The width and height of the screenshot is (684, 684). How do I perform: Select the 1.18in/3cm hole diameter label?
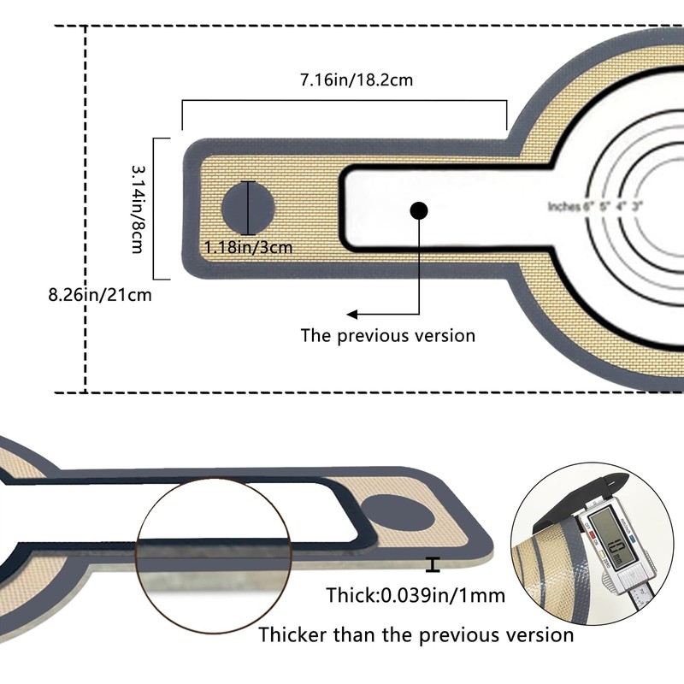249,248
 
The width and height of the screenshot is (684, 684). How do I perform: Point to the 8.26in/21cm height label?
101,295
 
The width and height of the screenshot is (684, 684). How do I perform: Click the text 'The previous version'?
387,335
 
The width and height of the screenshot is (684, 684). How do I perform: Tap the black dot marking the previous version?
418,210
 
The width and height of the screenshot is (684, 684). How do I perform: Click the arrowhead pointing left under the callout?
351,314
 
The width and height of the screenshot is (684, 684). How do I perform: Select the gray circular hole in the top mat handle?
249,208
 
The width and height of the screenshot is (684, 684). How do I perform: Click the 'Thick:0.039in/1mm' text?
416,595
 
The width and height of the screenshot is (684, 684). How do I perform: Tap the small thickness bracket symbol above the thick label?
434,564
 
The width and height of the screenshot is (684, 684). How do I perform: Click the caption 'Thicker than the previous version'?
416,634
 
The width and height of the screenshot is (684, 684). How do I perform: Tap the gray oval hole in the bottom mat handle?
402,516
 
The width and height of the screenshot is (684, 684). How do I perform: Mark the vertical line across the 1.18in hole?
249,208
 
